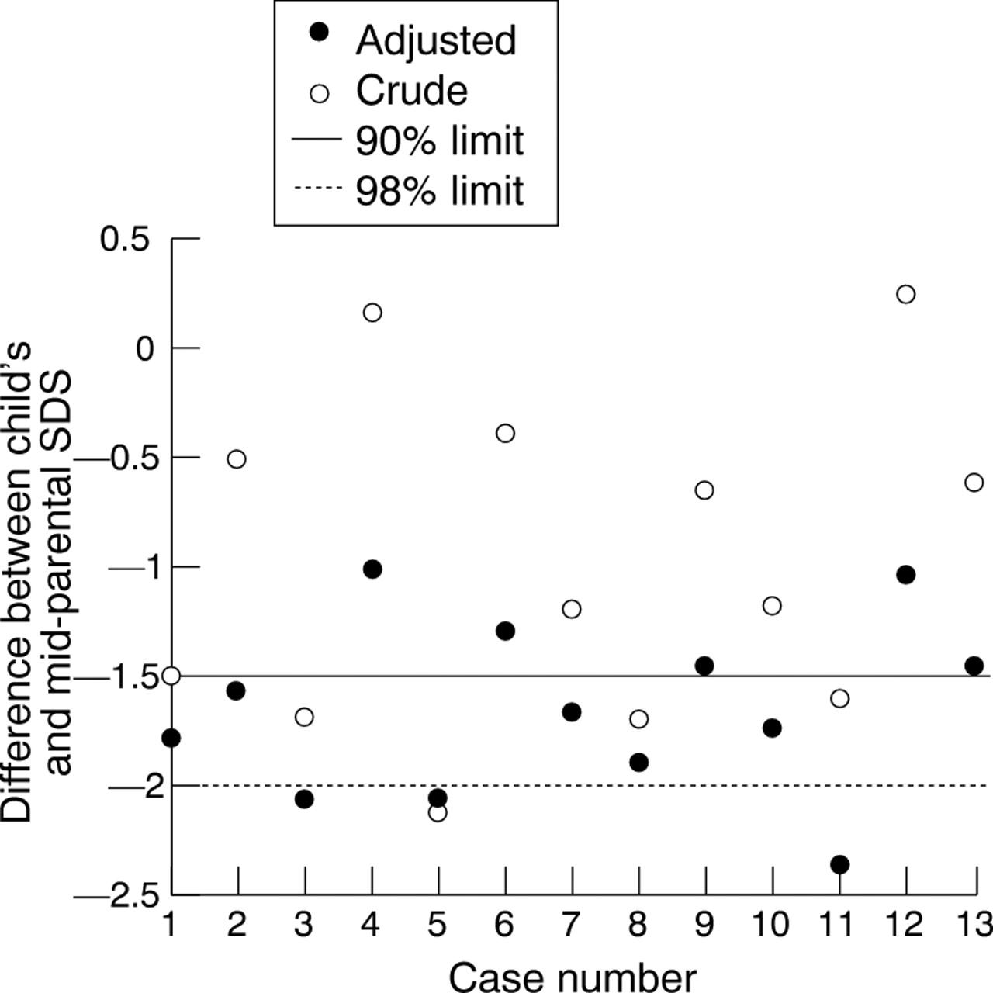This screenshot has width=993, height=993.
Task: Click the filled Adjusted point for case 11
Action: (839, 864)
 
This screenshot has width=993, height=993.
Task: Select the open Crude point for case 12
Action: (905, 294)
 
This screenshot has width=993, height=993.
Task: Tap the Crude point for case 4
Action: (372, 313)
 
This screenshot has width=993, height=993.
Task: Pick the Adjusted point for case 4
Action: (372, 569)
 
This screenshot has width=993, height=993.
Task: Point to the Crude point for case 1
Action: (171, 676)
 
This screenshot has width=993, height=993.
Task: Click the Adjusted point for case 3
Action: (304, 798)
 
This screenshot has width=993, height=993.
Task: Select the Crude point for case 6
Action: (505, 433)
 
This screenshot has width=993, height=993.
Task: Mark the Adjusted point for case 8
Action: (639, 763)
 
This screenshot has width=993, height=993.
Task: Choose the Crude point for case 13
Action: (974, 483)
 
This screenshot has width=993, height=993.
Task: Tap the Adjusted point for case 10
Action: (772, 728)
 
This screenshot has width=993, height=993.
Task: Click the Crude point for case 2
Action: (237, 459)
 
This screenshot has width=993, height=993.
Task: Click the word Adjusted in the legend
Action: (436, 40)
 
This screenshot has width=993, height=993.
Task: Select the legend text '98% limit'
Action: (439, 191)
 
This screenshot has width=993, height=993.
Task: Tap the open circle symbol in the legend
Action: (319, 93)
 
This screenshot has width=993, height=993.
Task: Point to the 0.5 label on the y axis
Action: (125, 240)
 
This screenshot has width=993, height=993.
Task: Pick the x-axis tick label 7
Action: (572, 925)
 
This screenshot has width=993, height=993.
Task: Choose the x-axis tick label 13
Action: (973, 925)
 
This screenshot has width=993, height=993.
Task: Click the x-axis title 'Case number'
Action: (572, 977)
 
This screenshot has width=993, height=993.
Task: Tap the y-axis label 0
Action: (145, 349)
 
